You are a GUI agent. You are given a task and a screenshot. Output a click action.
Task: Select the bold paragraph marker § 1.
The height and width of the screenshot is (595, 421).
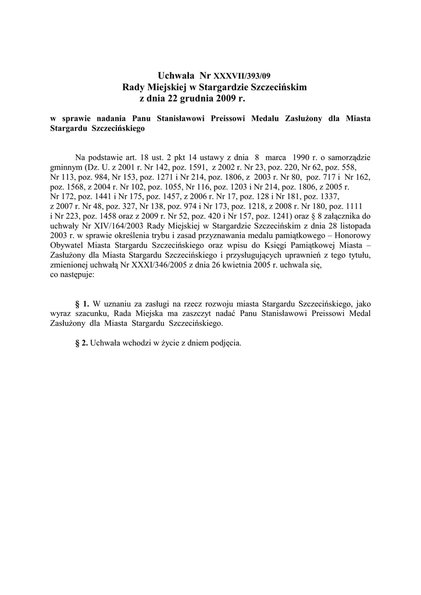pos(82,303)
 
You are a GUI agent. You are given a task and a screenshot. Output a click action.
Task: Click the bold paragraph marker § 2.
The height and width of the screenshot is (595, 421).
pos(82,343)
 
